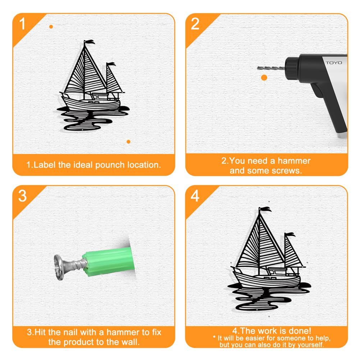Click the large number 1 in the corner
point(22,24)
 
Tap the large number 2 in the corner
point(195,24)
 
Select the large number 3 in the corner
point(22,196)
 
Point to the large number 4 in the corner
point(195,196)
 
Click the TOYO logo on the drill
point(334,63)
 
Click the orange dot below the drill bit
point(264,78)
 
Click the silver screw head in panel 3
point(59,268)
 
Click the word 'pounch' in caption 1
point(110,165)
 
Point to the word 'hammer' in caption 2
point(294,161)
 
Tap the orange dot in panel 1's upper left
point(51,27)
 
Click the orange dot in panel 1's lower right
point(128,142)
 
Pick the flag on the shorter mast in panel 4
point(290,234)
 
